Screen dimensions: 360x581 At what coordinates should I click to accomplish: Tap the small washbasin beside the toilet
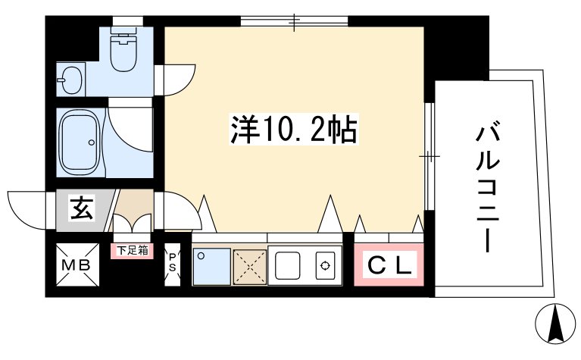click(70, 78)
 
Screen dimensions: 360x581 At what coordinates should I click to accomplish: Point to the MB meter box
click(78, 265)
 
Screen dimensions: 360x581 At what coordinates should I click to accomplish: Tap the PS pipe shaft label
click(172, 262)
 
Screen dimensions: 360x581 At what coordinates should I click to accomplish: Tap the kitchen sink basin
click(289, 266)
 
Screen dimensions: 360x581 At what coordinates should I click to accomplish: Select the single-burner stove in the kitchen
click(325, 266)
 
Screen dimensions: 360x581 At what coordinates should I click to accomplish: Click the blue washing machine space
click(211, 266)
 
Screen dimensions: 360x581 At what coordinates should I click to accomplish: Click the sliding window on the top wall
click(295, 21)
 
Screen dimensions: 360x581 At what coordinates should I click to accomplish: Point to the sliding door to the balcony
click(428, 156)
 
